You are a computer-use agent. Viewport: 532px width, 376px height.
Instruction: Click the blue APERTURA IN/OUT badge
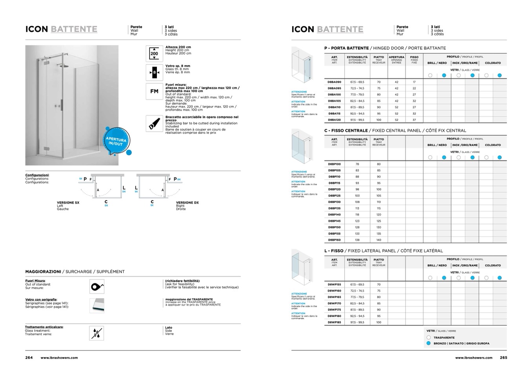[117, 141]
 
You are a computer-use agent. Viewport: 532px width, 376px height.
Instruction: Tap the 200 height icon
[154, 53]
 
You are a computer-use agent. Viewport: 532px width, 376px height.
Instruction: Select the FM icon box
[154, 91]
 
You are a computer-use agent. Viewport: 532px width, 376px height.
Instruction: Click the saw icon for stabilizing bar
[154, 124]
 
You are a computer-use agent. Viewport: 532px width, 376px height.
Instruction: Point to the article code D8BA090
[334, 82]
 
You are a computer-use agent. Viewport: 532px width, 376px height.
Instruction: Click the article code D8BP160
[334, 240]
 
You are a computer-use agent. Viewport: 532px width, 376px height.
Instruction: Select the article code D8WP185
[334, 322]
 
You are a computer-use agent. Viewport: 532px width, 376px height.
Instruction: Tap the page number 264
[29, 358]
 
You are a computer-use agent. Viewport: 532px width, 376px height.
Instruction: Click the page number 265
[503, 358]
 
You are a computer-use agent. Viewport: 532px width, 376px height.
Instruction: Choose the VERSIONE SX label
[68, 203]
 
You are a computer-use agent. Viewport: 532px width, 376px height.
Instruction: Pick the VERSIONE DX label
[187, 203]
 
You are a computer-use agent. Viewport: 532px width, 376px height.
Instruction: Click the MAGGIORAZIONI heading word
[43, 271]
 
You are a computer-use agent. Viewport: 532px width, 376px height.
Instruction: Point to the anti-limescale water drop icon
[97, 333]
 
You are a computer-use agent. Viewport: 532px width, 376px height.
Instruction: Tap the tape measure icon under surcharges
[97, 287]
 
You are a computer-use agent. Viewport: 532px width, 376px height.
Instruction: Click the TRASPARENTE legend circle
[428, 338]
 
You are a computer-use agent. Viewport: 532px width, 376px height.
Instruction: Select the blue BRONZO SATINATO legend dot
[428, 343]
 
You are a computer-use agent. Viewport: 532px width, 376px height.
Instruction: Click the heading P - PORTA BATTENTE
[346, 48]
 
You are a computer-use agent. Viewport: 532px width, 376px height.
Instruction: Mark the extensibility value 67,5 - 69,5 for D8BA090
[357, 82]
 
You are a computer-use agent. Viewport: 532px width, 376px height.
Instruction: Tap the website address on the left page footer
[59, 358]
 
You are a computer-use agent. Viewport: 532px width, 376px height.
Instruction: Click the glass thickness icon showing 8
[154, 72]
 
